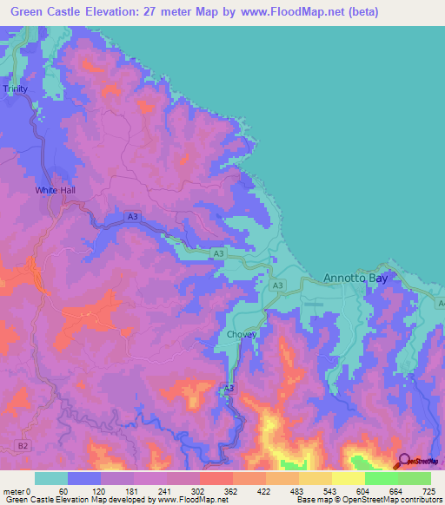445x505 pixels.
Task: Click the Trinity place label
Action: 16,89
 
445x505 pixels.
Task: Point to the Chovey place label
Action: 241,334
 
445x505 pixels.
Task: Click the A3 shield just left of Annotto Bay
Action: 277,285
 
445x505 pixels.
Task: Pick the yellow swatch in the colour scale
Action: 348,478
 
